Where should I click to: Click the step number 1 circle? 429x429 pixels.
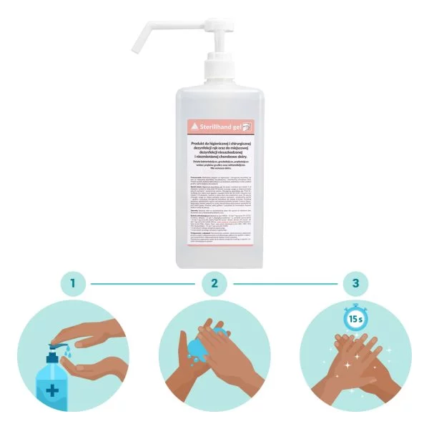click(x=72, y=285)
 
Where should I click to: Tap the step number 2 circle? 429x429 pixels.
click(x=214, y=285)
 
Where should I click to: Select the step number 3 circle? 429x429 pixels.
click(x=356, y=285)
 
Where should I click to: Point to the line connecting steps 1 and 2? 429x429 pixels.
click(x=143, y=285)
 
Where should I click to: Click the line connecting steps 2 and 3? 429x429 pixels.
click(x=285, y=285)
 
